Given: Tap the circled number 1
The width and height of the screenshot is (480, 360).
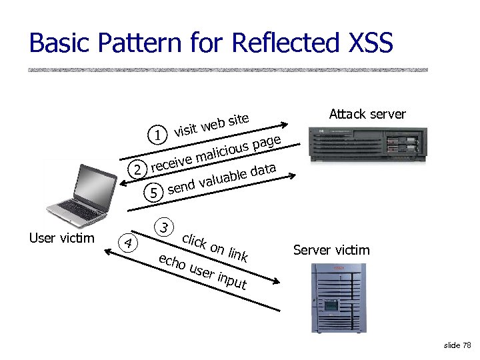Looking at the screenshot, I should (157, 136).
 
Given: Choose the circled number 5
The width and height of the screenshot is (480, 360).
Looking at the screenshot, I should (155, 193).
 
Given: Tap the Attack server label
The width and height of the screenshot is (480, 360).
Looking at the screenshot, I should (367, 114).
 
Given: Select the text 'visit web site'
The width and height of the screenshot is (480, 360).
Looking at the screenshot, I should (211, 125).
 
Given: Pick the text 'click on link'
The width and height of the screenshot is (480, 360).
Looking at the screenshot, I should (215, 247).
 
